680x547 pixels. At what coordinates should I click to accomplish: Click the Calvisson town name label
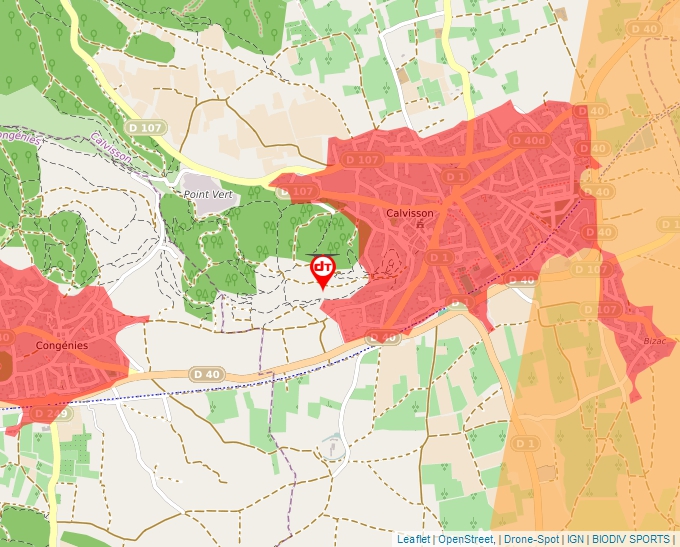click(410, 212)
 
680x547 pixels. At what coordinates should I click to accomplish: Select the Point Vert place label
click(207, 193)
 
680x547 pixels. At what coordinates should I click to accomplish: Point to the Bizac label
click(654, 341)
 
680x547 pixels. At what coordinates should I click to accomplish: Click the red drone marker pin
click(323, 269)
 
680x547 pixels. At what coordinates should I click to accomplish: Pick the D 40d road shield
click(528, 141)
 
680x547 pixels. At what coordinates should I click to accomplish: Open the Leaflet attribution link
click(414, 539)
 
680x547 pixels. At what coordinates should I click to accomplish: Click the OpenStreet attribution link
click(466, 539)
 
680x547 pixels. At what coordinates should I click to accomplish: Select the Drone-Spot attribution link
click(531, 539)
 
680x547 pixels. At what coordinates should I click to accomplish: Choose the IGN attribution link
click(575, 539)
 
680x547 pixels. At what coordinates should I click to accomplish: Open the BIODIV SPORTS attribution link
click(631, 539)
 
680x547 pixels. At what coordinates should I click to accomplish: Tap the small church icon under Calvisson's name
click(420, 225)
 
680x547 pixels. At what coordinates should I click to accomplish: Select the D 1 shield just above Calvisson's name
click(456, 177)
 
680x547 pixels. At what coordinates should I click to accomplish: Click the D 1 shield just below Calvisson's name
click(439, 257)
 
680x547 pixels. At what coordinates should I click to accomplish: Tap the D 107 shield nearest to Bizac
click(602, 310)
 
